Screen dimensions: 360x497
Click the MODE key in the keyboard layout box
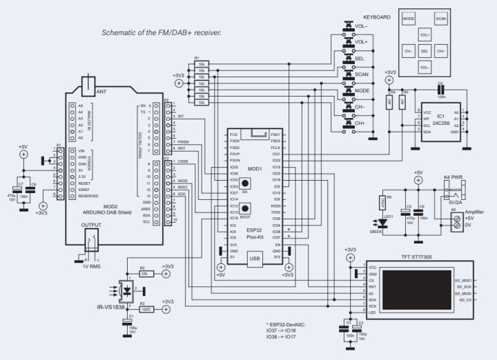tap(408, 19)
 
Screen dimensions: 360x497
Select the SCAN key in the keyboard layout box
tap(440, 19)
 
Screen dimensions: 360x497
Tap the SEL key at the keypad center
tap(425, 51)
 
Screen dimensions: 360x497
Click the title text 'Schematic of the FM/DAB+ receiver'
tap(161, 32)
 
